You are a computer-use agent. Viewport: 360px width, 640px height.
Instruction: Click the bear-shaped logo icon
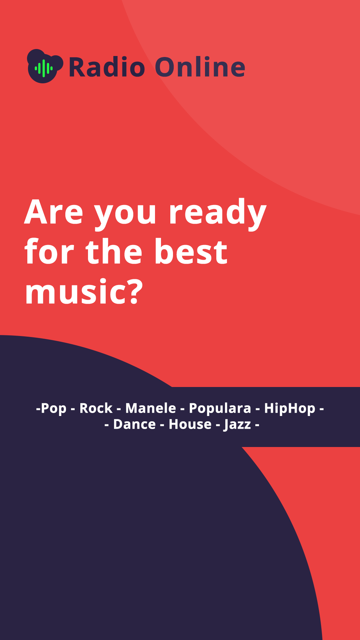pyautogui.click(x=45, y=66)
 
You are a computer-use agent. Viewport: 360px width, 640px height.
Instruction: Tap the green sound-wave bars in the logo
pyautogui.click(x=44, y=68)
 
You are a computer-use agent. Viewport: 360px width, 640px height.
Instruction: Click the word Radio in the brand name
pyautogui.click(x=107, y=67)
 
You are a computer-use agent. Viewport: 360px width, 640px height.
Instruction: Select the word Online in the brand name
pyautogui.click(x=200, y=67)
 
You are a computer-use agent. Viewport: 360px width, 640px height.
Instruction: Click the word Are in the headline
pyautogui.click(x=54, y=212)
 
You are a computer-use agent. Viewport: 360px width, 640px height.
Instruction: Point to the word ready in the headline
pyautogui.click(x=218, y=213)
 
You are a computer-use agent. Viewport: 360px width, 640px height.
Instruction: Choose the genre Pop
pyautogui.click(x=53, y=409)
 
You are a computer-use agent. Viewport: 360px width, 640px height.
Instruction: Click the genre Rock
pyautogui.click(x=96, y=408)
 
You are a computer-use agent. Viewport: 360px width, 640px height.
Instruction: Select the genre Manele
pyautogui.click(x=151, y=408)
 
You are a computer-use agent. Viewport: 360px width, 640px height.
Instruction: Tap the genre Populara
pyautogui.click(x=220, y=409)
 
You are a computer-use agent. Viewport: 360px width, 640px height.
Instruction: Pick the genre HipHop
pyautogui.click(x=290, y=409)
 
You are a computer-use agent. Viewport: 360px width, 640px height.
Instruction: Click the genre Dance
pyautogui.click(x=135, y=424)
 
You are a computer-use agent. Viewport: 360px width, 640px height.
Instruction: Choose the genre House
pyautogui.click(x=190, y=424)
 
